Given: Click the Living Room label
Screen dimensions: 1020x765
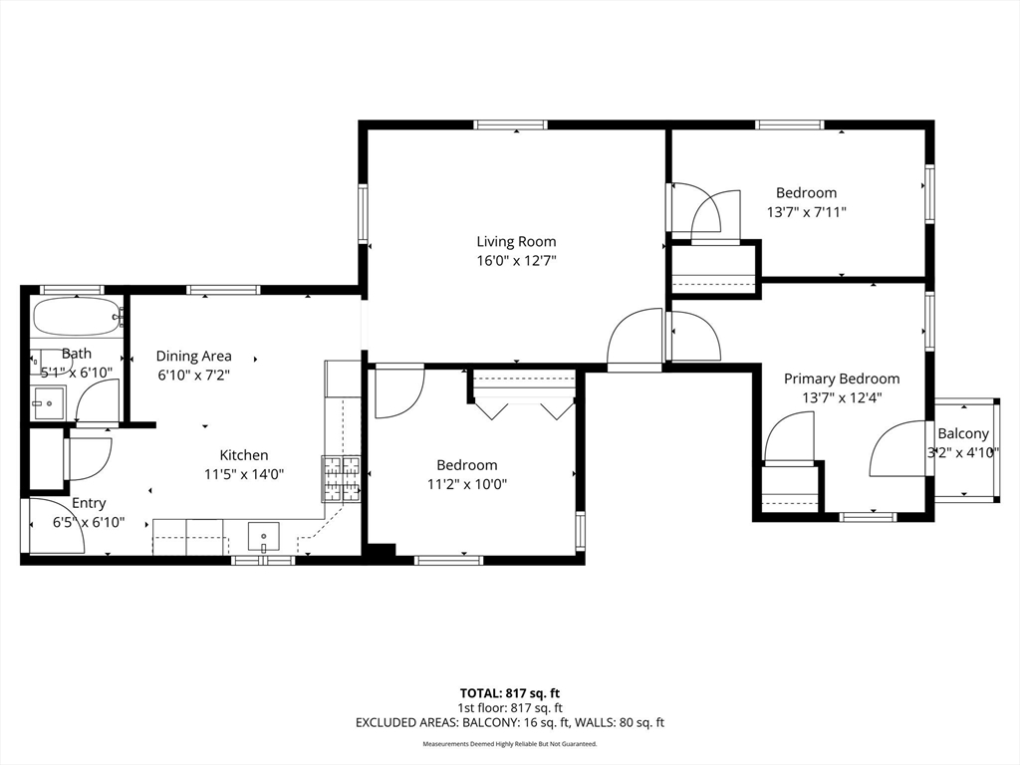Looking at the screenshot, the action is tap(516, 242).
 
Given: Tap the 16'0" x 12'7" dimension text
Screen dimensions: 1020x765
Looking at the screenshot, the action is tap(516, 262).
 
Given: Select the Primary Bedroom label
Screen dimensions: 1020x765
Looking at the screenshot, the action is tap(842, 379).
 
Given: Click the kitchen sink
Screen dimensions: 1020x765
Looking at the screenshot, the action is tap(263, 537).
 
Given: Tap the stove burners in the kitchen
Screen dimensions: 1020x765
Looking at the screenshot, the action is tap(342, 479).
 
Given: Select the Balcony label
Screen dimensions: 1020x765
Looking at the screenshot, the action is tap(963, 434).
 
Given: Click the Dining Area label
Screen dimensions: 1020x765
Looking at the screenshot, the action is tap(194, 357).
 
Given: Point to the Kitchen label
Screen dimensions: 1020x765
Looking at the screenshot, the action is tap(244, 455).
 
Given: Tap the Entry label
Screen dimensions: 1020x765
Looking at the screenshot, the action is tap(89, 503).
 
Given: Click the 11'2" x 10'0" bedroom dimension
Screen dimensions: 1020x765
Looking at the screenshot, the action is tap(467, 485).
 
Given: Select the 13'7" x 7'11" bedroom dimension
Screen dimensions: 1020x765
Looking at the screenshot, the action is tap(807, 212).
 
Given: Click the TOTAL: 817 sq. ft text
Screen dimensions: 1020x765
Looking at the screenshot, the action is tap(510, 693).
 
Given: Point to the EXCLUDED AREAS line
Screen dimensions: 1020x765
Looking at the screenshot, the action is tap(510, 723).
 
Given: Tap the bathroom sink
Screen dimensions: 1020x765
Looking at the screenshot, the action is tap(49, 404).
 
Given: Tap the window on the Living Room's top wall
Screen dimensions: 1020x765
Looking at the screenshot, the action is tap(511, 125).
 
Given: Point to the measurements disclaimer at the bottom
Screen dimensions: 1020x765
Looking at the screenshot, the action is tap(510, 743).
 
